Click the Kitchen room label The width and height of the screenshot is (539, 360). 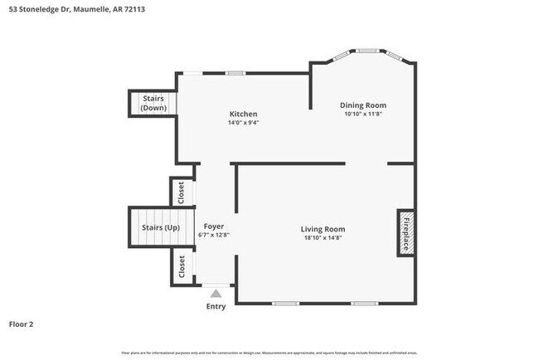243,114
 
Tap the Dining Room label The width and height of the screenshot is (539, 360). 363,105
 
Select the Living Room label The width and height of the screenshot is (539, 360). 323,229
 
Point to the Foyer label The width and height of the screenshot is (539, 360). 213,226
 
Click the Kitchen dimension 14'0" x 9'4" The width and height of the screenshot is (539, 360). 243,123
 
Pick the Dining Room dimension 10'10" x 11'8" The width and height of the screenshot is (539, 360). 363,114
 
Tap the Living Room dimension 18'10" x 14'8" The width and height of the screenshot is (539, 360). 323,238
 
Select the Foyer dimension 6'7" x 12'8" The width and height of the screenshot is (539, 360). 213,236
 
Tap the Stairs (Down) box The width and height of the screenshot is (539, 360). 153,104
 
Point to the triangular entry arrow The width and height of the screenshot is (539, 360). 216,293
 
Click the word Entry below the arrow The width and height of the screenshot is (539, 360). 216,307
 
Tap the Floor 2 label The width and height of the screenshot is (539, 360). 21,324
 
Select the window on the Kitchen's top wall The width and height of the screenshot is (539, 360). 236,73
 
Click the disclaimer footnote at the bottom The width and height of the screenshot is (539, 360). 269,353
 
